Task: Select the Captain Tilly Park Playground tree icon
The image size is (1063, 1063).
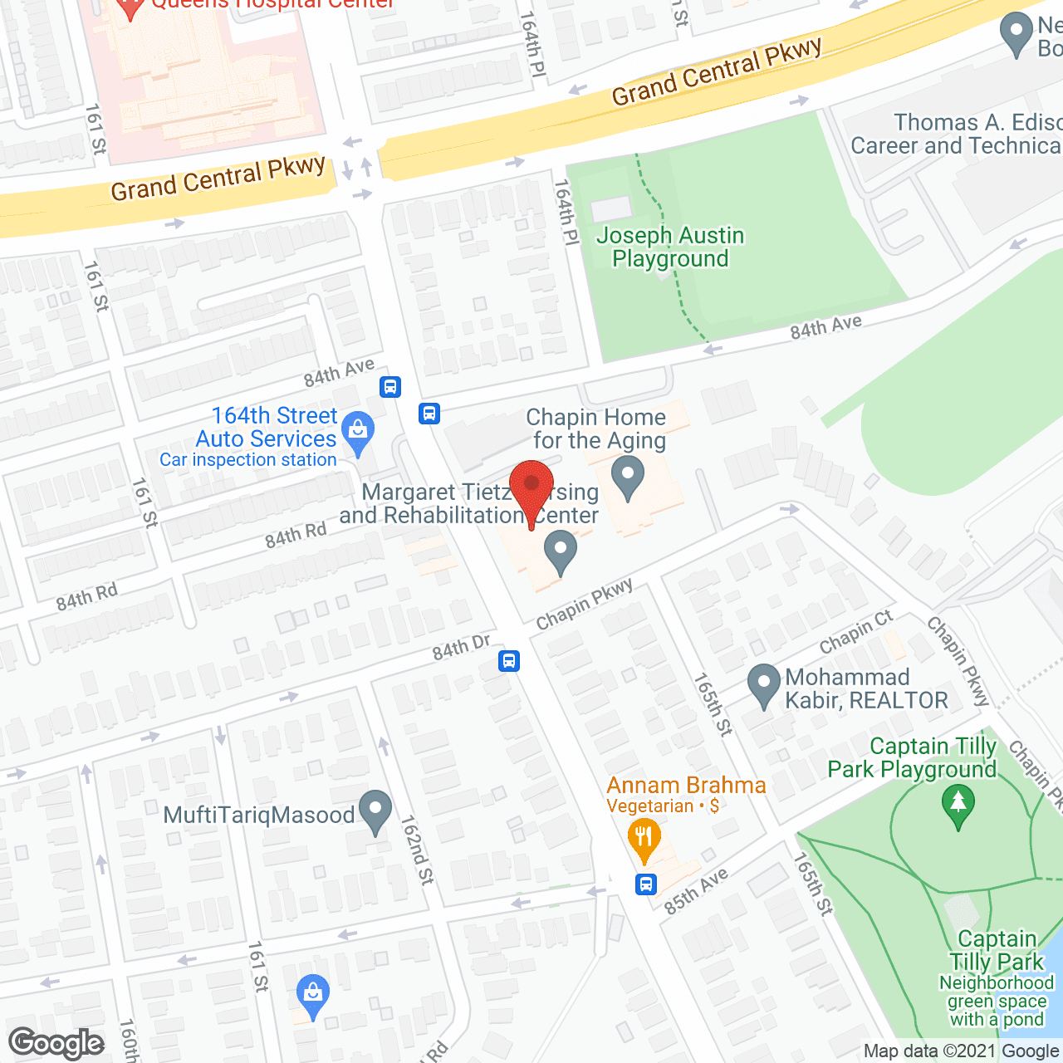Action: (958, 806)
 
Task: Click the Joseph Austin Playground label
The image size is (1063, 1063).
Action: (670, 247)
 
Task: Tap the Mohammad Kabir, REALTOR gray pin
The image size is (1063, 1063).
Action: (763, 685)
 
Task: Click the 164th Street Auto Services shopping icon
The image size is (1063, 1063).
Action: (358, 432)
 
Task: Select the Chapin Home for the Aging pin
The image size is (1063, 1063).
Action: (628, 479)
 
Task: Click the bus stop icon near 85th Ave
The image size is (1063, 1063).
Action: (646, 884)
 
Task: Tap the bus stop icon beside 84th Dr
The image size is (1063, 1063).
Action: (509, 661)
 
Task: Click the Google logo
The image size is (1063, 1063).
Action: (56, 1043)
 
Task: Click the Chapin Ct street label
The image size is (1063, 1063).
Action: (855, 632)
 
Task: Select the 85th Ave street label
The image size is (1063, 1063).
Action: (696, 891)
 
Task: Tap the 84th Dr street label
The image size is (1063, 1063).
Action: (461, 647)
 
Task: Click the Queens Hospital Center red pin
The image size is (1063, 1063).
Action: (130, 8)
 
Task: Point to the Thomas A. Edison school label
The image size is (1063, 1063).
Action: (955, 135)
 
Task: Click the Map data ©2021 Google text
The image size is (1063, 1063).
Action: (962, 1051)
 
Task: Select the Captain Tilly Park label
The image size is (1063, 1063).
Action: (997, 950)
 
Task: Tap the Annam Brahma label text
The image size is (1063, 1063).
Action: (686, 785)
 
